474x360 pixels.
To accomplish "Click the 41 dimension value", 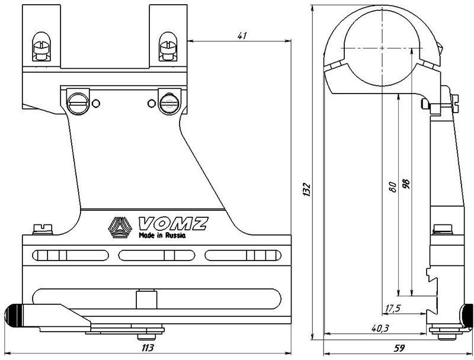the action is tap(242, 36).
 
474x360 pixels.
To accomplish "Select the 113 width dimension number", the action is tap(148, 348).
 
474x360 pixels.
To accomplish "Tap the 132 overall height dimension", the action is tap(306, 189).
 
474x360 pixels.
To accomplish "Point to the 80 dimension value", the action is tap(393, 187).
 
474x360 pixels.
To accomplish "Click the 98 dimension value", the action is tap(406, 184).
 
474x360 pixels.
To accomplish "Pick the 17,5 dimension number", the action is tap(393, 308).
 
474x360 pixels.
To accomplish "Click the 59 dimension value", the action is tap(399, 348).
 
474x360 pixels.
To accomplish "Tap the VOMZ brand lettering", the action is tap(173, 223).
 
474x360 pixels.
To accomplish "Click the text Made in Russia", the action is tap(162, 235).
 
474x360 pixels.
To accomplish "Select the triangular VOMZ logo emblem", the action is tap(120, 227).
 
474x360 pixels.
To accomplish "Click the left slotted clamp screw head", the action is tap(78, 102).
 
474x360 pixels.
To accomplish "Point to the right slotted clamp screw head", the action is tap(169, 103).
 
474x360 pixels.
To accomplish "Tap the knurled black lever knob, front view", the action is tap(14, 316).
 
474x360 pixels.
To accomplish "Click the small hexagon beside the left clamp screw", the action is tap(96, 104).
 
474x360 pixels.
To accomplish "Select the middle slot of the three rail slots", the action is tap(156, 256).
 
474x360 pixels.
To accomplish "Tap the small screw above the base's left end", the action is tap(43, 229).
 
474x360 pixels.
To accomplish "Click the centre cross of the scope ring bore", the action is tap(382, 48).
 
